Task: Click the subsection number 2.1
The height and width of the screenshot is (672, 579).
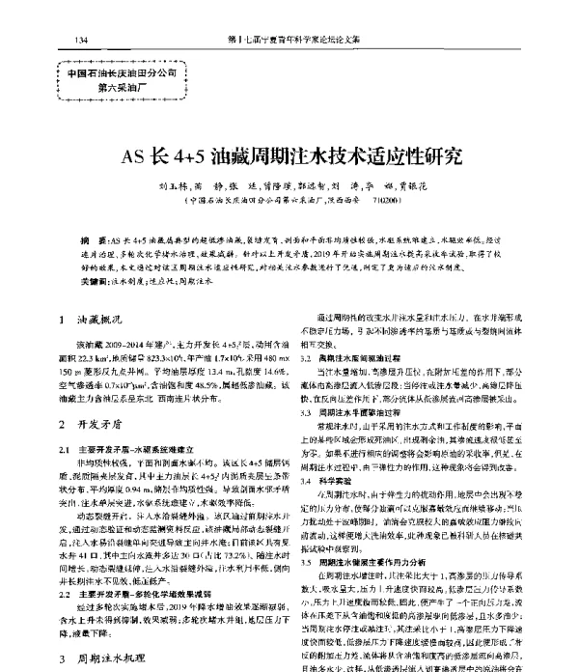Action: click(66, 449)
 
